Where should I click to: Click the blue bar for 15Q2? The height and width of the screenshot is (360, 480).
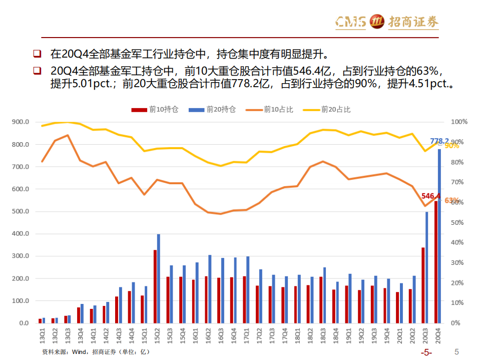click(159, 278)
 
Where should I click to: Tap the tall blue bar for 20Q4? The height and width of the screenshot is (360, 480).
click(439, 235)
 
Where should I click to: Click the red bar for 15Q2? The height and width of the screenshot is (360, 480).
click(155, 286)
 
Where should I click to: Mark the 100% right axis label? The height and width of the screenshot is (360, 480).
click(458, 122)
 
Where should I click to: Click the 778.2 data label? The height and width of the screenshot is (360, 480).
click(439, 141)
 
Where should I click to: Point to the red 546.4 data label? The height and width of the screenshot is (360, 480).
click(430, 196)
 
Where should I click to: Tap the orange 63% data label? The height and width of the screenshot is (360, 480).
click(451, 200)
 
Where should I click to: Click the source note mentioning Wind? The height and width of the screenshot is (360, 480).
click(95, 352)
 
